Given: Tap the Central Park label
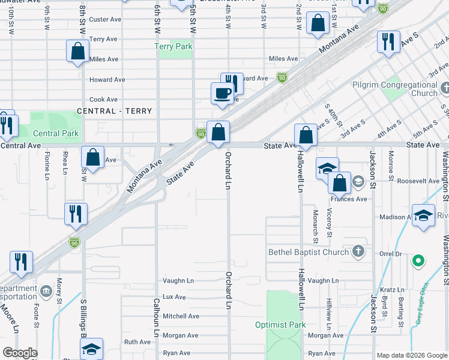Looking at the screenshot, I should (56, 133).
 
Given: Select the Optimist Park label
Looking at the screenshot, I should (280, 325).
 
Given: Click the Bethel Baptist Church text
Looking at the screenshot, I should (309, 252).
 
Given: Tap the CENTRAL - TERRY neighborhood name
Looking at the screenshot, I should (114, 111).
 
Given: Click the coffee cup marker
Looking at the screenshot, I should (222, 94).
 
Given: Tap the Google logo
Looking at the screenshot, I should (20, 353).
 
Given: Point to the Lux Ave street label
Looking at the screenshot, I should (174, 296).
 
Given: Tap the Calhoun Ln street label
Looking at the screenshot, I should (156, 317).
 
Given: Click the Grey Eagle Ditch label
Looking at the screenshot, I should (423, 304).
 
